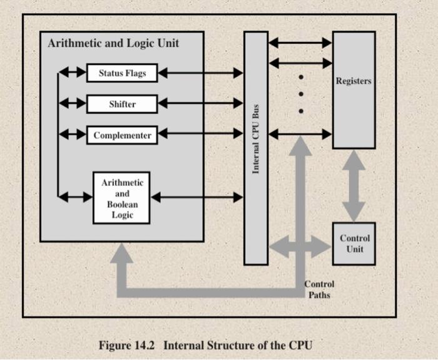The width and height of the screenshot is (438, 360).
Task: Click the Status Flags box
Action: [122, 73]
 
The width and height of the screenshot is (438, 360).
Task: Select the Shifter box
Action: [122, 104]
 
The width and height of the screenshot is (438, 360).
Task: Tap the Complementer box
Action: [122, 135]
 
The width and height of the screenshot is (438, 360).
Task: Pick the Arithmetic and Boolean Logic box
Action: [121, 198]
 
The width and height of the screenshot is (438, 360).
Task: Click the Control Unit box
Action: [354, 244]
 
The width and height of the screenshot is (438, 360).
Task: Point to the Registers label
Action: [354, 81]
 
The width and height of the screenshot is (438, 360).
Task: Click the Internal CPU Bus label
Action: [255, 139]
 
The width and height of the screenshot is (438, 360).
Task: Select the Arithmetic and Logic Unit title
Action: [113, 43]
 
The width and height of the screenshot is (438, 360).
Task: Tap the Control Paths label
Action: [319, 289]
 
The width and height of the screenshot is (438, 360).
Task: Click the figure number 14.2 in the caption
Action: [145, 345]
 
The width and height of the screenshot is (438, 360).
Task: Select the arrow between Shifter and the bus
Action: [201, 103]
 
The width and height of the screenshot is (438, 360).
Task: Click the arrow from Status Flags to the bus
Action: [201, 73]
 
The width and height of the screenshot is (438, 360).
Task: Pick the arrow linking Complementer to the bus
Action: [201, 133]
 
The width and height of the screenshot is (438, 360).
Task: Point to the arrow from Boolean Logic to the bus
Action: [197, 197]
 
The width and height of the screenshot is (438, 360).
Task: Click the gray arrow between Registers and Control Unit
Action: [354, 186]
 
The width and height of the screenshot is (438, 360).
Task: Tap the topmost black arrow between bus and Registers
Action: [300, 43]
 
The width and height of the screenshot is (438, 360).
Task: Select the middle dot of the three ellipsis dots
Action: [301, 94]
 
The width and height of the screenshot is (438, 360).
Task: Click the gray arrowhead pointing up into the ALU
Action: [121, 253]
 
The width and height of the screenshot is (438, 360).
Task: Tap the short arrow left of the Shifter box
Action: [73, 103]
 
